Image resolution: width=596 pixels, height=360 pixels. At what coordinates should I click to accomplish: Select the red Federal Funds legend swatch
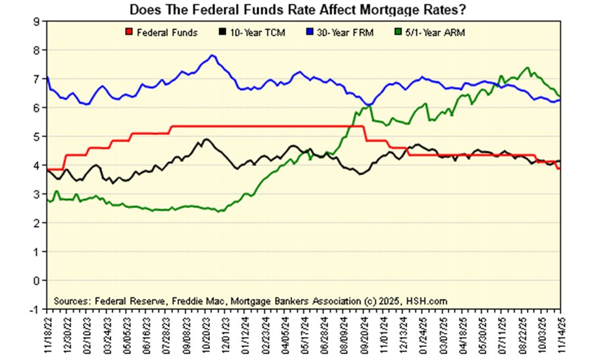click(128, 32)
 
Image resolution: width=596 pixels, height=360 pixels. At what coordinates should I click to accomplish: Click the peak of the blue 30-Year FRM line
click(212, 55)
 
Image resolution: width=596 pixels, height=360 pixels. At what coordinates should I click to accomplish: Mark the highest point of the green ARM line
click(527, 67)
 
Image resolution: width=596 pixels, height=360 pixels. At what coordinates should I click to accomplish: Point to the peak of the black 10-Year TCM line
click(206, 140)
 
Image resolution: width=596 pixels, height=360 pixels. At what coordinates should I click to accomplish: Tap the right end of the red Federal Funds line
click(559, 168)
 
